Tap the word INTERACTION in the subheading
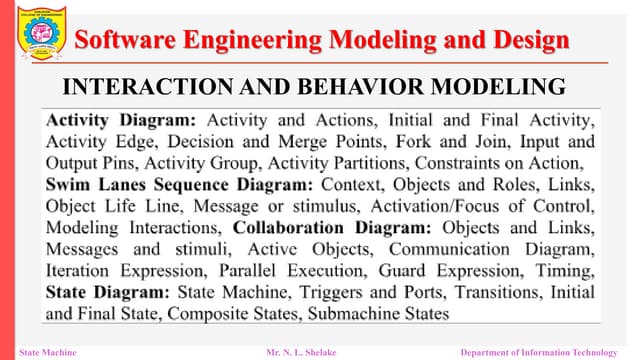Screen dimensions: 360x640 pyautogui.click(x=152, y=84)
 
